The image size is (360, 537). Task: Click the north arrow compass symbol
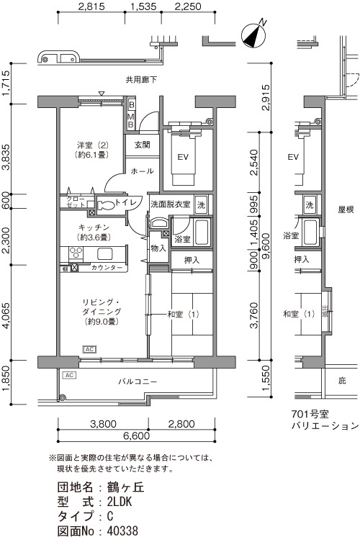pyautogui.click(x=254, y=35)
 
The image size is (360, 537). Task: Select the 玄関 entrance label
pyautogui.click(x=142, y=145)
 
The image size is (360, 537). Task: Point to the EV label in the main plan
pyautogui.click(x=184, y=157)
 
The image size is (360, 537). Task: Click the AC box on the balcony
pyautogui.click(x=70, y=375)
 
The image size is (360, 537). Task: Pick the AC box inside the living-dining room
pyautogui.click(x=89, y=349)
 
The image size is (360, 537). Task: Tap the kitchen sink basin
pyautogui.click(x=105, y=254)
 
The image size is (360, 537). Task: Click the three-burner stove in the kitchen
pyautogui.click(x=76, y=254)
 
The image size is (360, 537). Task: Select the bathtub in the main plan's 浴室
pyautogui.click(x=202, y=233)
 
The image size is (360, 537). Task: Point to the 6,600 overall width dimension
pyautogui.click(x=136, y=436)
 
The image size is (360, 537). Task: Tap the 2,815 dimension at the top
pyautogui.click(x=91, y=6)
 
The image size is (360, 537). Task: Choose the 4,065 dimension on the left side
pyautogui.click(x=6, y=315)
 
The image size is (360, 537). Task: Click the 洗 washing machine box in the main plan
pyautogui.click(x=201, y=205)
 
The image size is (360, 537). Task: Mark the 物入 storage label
pyautogui.click(x=158, y=248)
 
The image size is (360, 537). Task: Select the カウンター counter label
pyautogui.click(x=107, y=268)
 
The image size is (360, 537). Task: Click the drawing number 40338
pyautogui.click(x=122, y=531)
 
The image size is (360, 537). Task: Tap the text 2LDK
pyautogui.click(x=120, y=502)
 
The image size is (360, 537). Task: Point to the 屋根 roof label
pyautogui.click(x=346, y=209)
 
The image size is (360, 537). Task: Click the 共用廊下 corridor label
pyautogui.click(x=141, y=80)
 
